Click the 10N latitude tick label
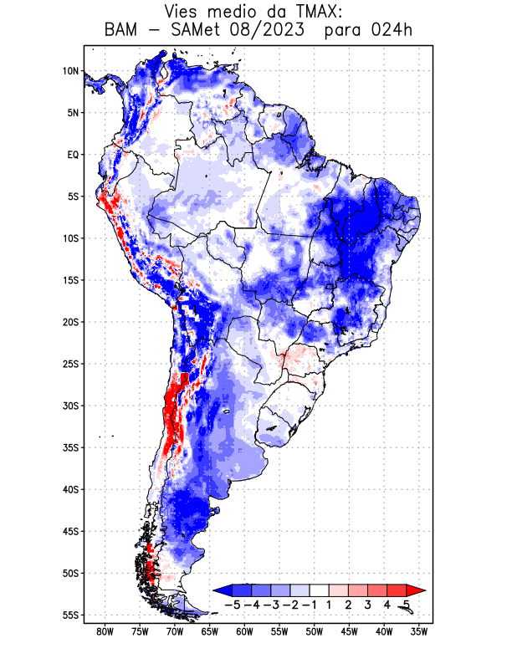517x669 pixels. [70, 71]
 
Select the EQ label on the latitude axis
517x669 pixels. [73, 155]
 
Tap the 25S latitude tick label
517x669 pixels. [70, 364]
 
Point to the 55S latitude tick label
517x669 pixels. [70, 615]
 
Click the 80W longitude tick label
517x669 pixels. [105, 631]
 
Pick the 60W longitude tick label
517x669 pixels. [244, 631]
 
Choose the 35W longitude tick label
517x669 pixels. [419, 631]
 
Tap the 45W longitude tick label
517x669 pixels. [349, 631]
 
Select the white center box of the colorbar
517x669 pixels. [320, 590]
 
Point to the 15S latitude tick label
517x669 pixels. [70, 280]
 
